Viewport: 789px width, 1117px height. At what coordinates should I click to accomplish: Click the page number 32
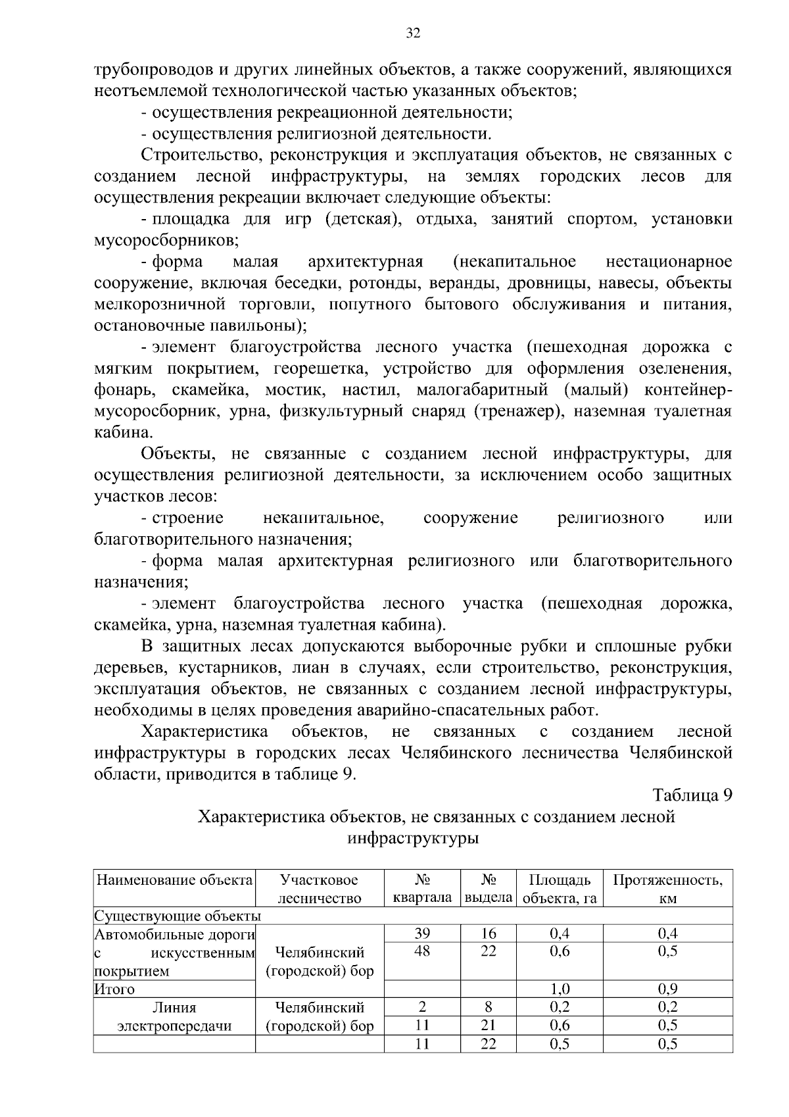click(x=413, y=34)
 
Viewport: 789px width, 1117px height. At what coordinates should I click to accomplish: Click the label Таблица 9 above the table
click(x=692, y=795)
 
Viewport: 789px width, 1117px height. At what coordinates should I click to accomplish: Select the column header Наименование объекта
click(x=175, y=880)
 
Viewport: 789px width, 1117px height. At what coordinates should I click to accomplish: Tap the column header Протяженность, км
click(x=667, y=889)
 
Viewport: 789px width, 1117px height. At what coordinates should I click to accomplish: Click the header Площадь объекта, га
click(x=560, y=889)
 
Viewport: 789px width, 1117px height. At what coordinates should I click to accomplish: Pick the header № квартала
click(x=422, y=889)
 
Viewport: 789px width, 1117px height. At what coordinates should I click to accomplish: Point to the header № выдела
click(x=488, y=889)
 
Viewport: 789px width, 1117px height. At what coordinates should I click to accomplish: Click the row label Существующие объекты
click(x=178, y=916)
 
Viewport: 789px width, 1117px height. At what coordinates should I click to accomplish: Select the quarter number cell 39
click(x=422, y=933)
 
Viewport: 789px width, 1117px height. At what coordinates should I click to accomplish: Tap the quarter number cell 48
click(x=422, y=951)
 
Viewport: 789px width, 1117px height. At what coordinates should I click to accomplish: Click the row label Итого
click(x=114, y=989)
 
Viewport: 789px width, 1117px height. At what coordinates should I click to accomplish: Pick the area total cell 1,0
click(x=560, y=989)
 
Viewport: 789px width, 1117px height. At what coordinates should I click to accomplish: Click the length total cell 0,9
click(x=667, y=989)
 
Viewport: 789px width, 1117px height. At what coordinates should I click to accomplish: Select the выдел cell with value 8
click(x=488, y=1006)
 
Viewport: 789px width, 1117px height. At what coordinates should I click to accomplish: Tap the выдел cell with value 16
click(x=488, y=933)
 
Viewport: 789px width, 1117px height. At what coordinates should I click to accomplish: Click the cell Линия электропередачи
click(x=174, y=1016)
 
